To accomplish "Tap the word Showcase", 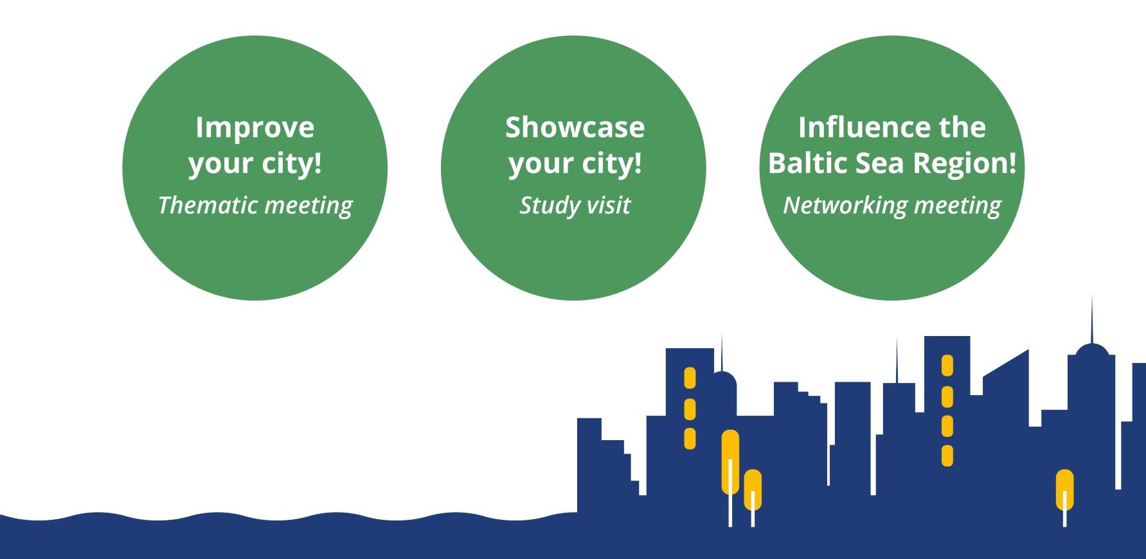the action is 575,127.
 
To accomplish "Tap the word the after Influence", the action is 962,127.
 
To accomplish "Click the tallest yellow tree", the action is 730,463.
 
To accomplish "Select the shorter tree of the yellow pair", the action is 753,491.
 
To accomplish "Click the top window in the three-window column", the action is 690,378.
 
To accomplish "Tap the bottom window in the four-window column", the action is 947,456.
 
